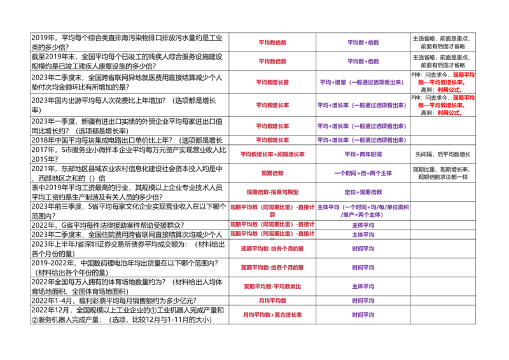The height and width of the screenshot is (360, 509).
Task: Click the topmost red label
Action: tap(272, 42)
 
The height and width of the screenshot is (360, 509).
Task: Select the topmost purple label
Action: tap(363, 42)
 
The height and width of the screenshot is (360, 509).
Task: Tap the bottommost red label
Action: tap(272, 315)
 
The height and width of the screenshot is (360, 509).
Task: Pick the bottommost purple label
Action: tap(363, 315)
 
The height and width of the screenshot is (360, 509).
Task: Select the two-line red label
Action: tap(272, 209)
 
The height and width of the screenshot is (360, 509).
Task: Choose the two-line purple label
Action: tap(363, 211)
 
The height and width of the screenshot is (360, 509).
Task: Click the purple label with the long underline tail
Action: tap(374, 154)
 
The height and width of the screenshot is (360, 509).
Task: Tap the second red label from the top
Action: tap(272, 62)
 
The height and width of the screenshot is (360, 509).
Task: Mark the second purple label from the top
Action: tap(363, 62)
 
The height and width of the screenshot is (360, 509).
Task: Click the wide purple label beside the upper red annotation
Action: tap(362, 82)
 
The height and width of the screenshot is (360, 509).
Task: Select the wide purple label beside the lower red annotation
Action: tap(362, 105)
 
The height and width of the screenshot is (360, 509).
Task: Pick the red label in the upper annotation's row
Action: tap(272, 82)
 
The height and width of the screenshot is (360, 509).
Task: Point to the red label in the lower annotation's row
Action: tap(272, 105)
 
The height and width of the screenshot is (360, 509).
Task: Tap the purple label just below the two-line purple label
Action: tap(363, 225)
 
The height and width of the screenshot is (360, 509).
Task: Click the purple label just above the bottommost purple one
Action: tap(363, 301)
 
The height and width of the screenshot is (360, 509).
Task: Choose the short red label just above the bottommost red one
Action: tap(272, 301)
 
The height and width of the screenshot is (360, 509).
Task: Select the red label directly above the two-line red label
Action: tap(272, 192)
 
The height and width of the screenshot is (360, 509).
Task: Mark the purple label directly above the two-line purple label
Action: tap(363, 193)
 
